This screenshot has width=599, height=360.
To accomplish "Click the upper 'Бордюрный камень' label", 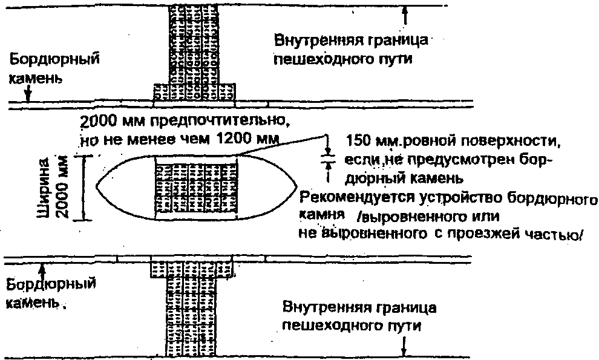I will point(54,69).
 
